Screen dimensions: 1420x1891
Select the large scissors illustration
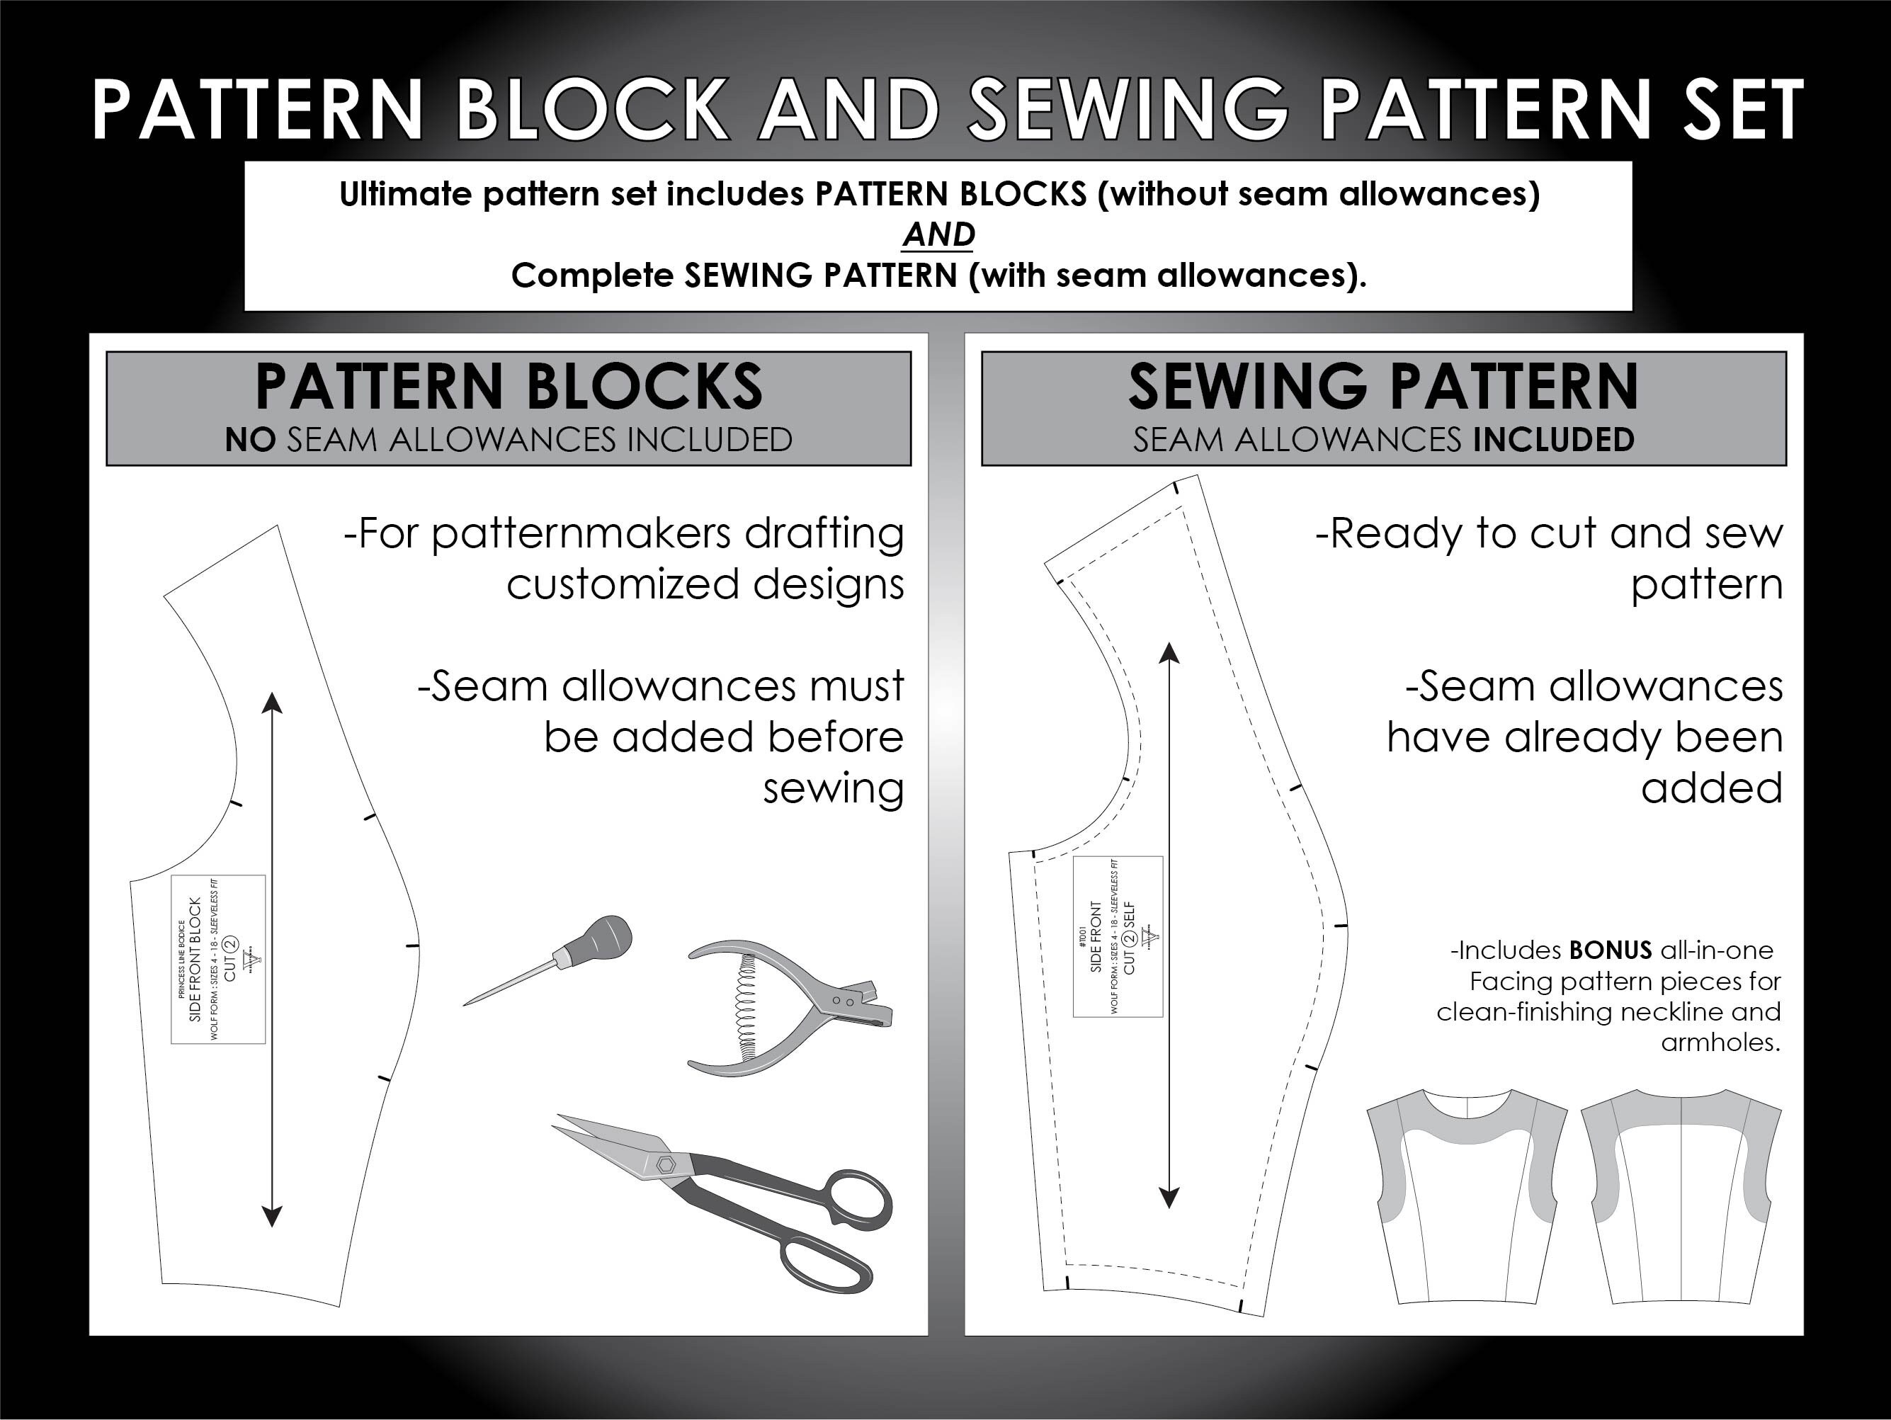735,1197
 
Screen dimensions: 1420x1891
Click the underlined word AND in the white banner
938,234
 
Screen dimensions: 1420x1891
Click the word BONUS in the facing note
1611,950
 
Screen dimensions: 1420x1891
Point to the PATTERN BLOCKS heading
509,387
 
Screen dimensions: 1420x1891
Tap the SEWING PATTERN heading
1382,387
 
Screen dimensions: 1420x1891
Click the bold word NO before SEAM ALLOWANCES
249,441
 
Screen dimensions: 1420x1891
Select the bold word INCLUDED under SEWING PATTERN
1553,441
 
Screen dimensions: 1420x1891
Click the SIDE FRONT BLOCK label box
219,959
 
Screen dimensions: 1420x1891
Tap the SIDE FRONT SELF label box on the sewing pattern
1118,936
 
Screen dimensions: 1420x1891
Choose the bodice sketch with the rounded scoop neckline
1467,1197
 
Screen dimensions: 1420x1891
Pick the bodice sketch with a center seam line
1681,1197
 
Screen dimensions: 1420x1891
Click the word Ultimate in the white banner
406,195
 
